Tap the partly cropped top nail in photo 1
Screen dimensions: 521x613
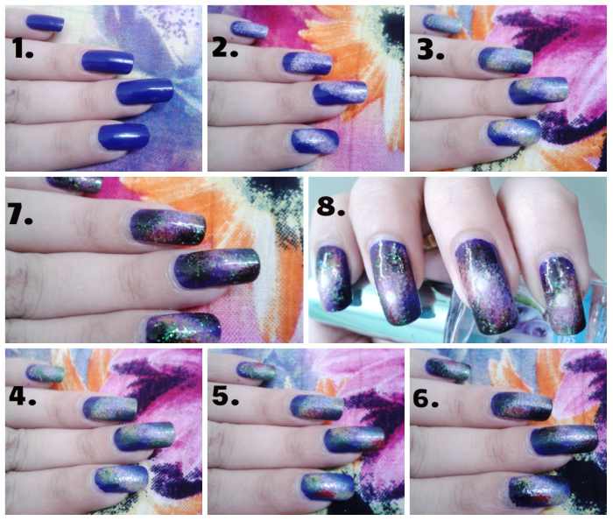pyautogui.click(x=45, y=23)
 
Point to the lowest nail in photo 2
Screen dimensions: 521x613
pyautogui.click(x=312, y=139)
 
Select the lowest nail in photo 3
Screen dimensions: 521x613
pyautogui.click(x=514, y=132)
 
